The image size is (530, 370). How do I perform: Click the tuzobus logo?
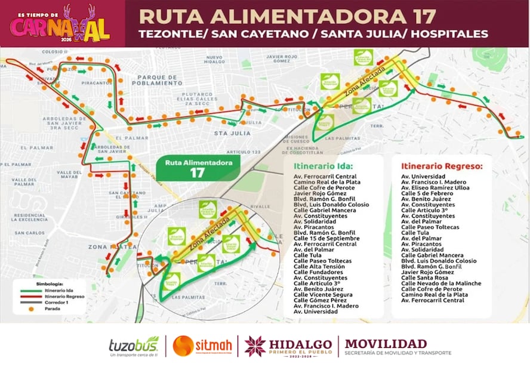click(134, 346)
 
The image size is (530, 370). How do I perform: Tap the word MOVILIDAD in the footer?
click(386, 343)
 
